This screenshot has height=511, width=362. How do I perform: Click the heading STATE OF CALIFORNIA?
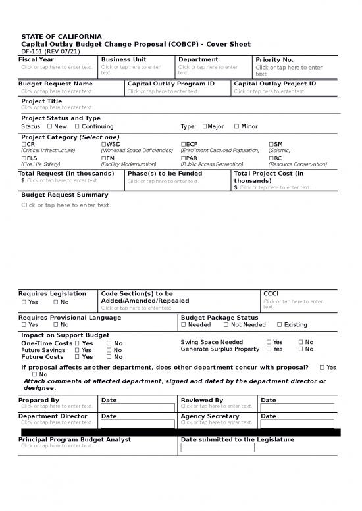tap(61, 35)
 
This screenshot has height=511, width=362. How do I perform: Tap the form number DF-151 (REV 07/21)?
tap(50, 51)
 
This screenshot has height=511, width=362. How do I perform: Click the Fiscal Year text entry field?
tap(57, 67)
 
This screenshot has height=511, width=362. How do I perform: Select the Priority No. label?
tap(274, 60)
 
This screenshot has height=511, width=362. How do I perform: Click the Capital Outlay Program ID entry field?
tap(163, 92)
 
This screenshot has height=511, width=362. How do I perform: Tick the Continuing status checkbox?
tap(77, 126)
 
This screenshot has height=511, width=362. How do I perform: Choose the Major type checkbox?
tap(205, 126)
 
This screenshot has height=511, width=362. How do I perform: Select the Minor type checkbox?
tap(236, 126)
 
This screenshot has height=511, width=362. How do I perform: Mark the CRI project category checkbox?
tap(24, 144)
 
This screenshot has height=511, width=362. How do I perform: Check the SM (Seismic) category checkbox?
tap(271, 144)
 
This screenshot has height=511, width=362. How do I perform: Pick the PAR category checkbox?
tap(183, 158)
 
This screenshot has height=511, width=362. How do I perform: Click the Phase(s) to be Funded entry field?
tap(163, 182)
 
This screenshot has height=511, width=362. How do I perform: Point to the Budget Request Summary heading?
tap(65, 195)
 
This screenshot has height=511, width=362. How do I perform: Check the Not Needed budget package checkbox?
tap(226, 325)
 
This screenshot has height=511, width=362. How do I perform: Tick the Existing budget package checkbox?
tap(279, 325)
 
